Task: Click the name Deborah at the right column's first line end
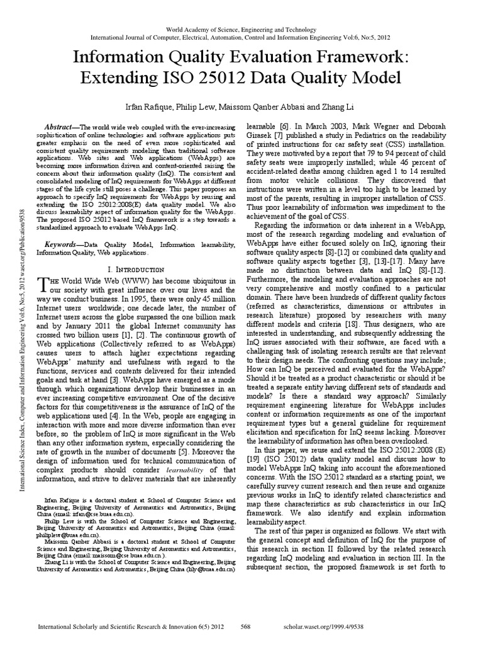click(x=429, y=126)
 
